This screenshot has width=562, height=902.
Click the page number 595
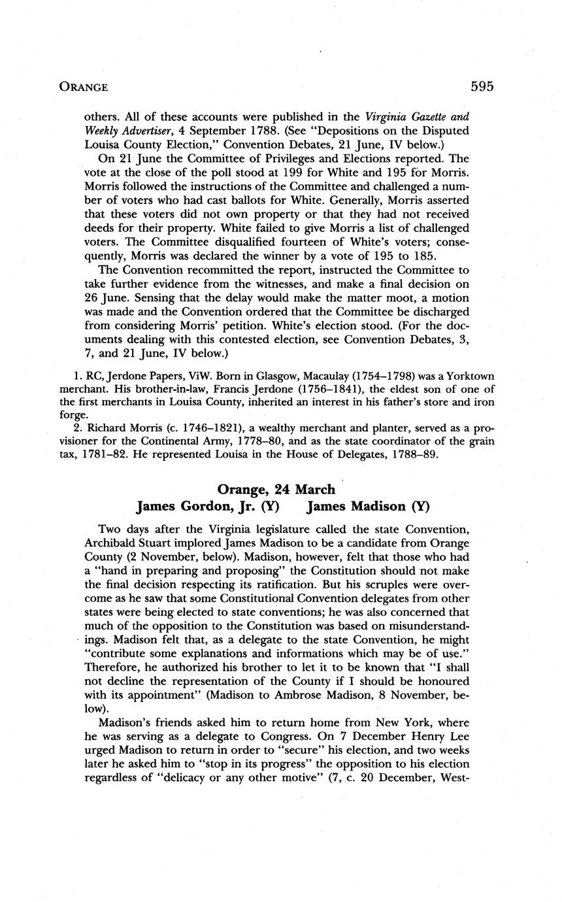point(481,86)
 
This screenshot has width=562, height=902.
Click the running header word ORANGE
point(83,87)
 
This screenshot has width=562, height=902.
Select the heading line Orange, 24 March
point(276,490)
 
